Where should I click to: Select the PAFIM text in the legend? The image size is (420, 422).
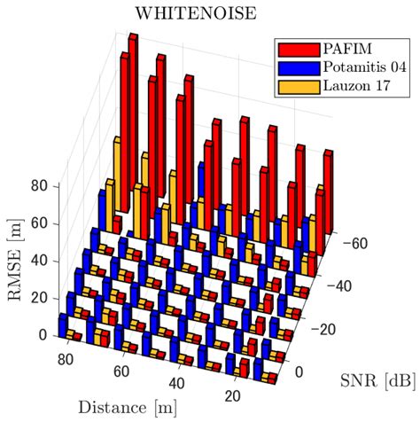341,47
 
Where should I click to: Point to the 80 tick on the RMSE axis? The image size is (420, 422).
39,187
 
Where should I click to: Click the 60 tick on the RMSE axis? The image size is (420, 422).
39,224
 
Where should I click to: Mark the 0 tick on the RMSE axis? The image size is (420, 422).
43,335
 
